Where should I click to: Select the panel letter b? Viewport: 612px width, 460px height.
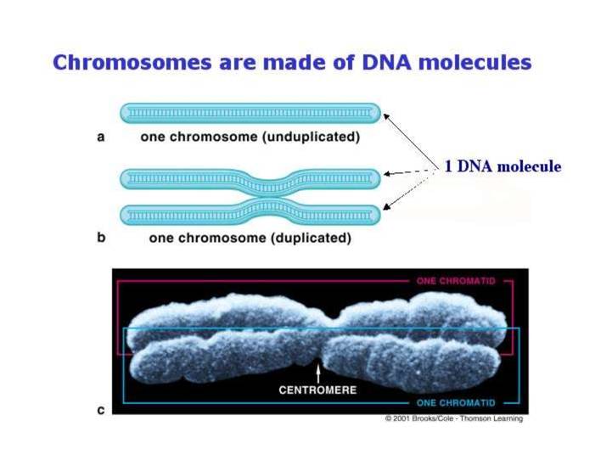click(101, 238)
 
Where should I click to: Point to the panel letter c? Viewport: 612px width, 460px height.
click(101, 410)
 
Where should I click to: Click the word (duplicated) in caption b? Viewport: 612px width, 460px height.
click(310, 238)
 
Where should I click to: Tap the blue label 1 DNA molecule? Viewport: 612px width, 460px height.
click(503, 166)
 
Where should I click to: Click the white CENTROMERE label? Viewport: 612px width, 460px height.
click(318, 390)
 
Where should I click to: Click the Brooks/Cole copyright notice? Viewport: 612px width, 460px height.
click(454, 418)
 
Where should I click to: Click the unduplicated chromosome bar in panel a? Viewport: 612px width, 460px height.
click(250, 112)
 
